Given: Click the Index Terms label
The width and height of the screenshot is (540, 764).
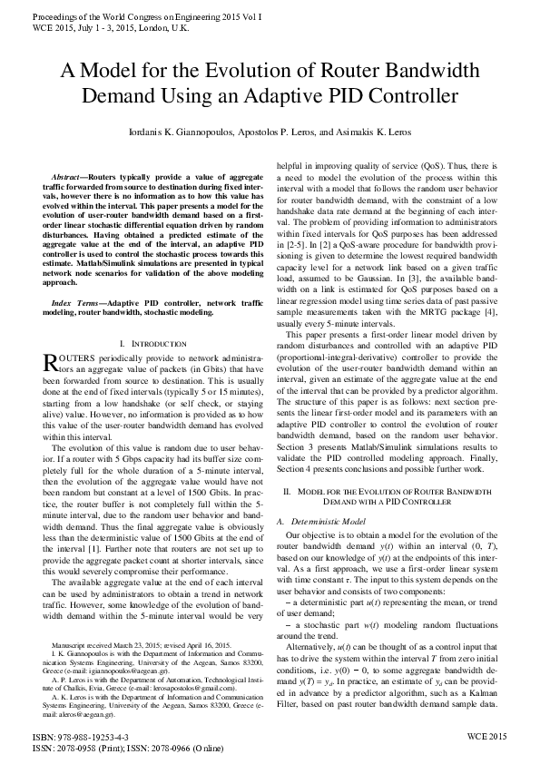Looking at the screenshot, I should click(x=75, y=276).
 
